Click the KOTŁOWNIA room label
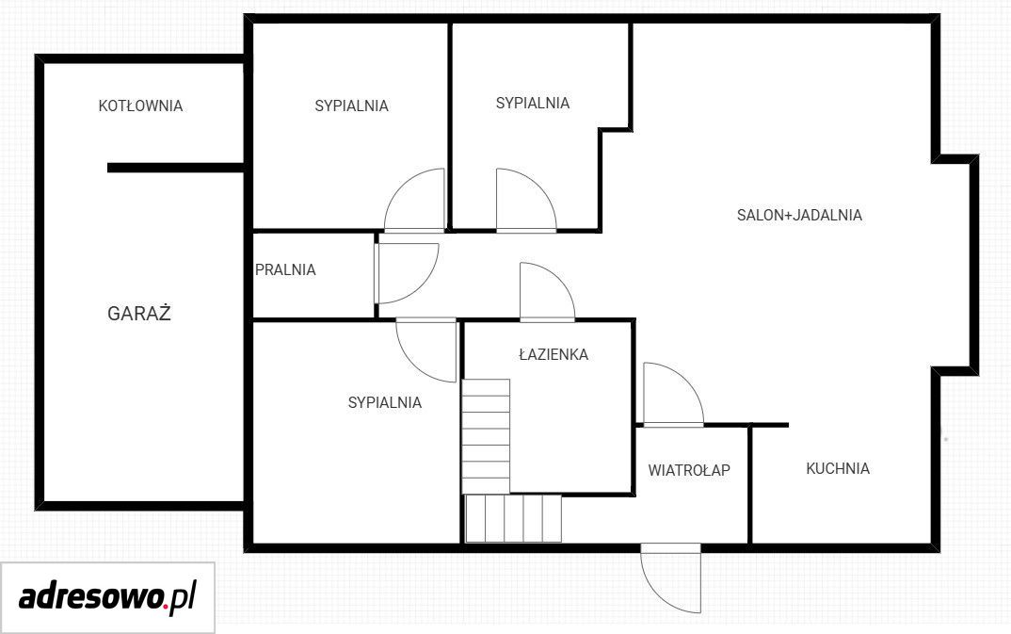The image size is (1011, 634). point(140,106)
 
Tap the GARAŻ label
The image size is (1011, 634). point(138,313)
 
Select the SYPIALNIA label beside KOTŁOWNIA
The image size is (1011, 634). point(351,106)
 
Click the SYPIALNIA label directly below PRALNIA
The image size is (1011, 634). point(385,402)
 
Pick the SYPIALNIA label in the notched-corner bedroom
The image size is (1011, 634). point(533,104)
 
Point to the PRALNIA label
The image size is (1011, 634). point(285,269)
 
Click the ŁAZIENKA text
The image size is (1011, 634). point(554,353)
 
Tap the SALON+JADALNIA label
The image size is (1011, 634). point(799,215)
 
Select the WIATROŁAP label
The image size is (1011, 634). point(689,470)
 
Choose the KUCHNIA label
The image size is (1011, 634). point(838,468)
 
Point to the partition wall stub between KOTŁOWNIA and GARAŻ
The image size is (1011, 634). point(175,168)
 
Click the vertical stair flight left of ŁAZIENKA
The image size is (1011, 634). point(486,437)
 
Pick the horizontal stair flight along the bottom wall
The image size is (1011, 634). point(513,518)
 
